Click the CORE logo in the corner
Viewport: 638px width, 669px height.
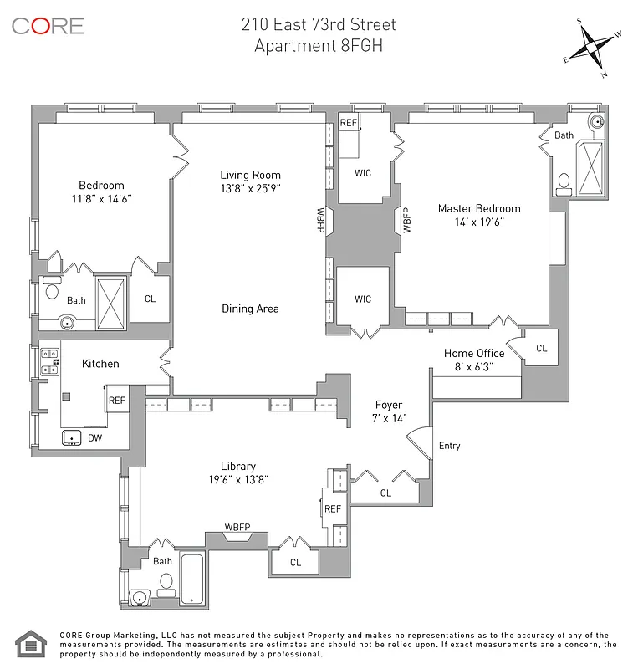[x=48, y=26]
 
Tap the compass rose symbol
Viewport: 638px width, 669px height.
[x=594, y=47]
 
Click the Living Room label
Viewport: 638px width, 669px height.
[x=250, y=175]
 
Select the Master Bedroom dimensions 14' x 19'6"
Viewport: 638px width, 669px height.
[x=479, y=222]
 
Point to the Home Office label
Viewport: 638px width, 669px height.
[x=474, y=353]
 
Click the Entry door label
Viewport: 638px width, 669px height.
[x=449, y=446]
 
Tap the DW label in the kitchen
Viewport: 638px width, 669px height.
[x=94, y=437]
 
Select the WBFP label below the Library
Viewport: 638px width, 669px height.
[x=237, y=527]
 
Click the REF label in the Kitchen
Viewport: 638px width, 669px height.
[x=117, y=401]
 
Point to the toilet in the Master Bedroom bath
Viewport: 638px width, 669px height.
[x=564, y=181]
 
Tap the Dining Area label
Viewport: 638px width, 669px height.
[x=250, y=309]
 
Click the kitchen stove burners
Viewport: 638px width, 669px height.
[x=49, y=361]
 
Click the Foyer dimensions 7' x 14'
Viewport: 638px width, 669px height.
[x=389, y=418]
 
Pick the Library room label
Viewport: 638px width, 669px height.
[x=238, y=466]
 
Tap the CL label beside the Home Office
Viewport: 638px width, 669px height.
[x=541, y=348]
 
